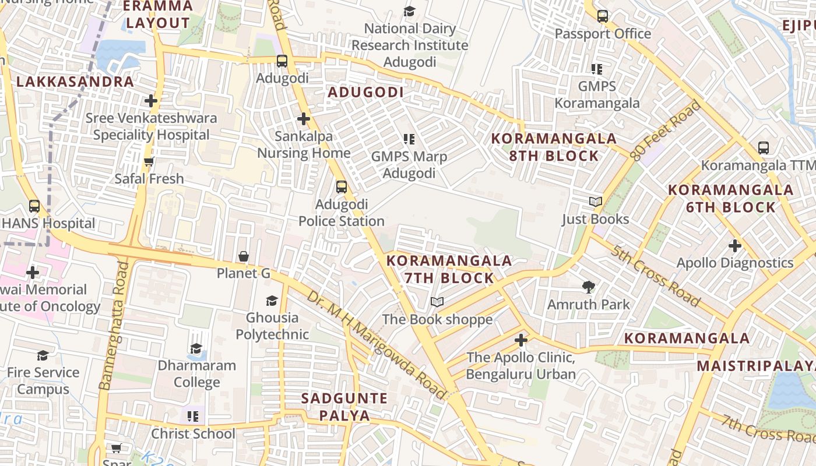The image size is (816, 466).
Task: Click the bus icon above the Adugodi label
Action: [x=282, y=61]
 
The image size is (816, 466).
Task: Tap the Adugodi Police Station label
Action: [x=342, y=213]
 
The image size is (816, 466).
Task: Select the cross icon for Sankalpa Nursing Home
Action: [x=303, y=119]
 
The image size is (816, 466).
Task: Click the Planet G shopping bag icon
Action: [x=244, y=256]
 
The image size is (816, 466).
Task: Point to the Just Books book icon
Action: [x=595, y=202]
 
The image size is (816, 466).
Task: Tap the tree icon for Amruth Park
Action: [x=588, y=287]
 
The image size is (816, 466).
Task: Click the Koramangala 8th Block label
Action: [x=554, y=147]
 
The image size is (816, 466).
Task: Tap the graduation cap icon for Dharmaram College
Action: [x=196, y=348]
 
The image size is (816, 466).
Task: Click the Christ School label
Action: [x=194, y=434]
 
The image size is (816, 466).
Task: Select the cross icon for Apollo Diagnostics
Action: [x=734, y=246]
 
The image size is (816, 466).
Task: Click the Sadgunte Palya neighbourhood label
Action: [x=344, y=407]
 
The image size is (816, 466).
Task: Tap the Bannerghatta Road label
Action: [x=114, y=326]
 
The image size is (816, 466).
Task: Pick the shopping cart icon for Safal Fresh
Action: [x=149, y=161]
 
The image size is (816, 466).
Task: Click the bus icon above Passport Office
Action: [x=603, y=16]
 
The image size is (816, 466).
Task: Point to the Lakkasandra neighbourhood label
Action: [x=75, y=82]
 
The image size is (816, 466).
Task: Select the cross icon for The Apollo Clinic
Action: [x=521, y=340]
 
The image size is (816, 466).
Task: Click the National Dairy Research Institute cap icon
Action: [x=410, y=12]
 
